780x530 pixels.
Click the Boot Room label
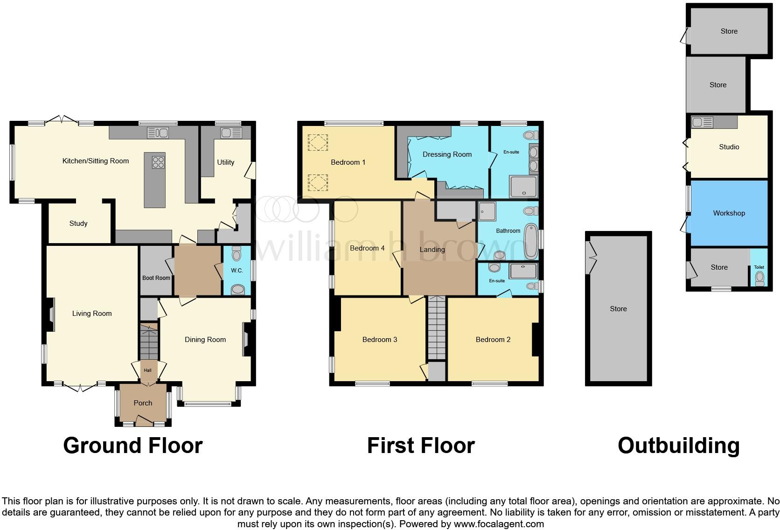tap(156, 278)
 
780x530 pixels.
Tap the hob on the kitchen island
tap(158, 162)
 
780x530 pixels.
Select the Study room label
tap(78, 223)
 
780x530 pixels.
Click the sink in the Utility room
tap(231, 133)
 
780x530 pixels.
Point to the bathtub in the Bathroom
tap(531, 242)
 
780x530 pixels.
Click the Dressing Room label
tap(447, 154)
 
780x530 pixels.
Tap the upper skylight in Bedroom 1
tap(318, 142)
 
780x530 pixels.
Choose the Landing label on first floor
tap(432, 250)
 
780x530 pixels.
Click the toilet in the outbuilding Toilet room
tap(759, 279)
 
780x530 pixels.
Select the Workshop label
tap(729, 213)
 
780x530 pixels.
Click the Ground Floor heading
tap(133, 446)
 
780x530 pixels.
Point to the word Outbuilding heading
tap(678, 446)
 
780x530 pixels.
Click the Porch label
tap(143, 403)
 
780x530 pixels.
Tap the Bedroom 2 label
tap(493, 340)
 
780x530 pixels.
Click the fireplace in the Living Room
tap(50, 315)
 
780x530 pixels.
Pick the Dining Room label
tap(205, 340)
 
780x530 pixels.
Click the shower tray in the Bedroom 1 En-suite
tap(523, 187)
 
